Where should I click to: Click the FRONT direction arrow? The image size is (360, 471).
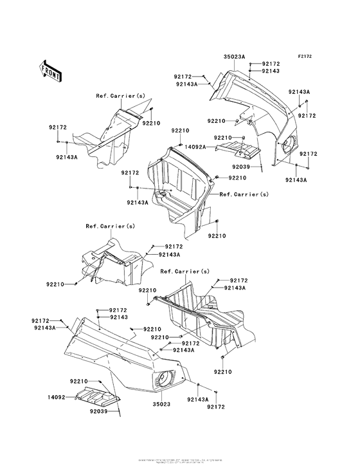point(51,69)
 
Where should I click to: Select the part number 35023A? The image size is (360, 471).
point(234,57)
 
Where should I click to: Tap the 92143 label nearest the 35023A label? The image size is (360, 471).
point(270,71)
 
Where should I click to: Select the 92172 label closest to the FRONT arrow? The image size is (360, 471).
point(58,127)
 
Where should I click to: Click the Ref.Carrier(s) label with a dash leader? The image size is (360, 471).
point(244,194)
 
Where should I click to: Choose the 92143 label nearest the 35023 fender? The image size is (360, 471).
point(118,317)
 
